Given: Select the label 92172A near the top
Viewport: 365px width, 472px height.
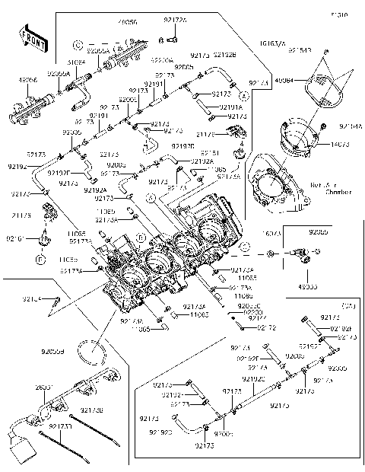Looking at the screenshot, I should [174, 20].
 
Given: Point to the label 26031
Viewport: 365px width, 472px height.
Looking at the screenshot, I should [43, 387].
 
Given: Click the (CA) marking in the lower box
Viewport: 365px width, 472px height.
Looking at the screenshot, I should [348, 305].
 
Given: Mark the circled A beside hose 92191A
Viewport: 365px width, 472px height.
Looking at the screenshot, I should [244, 97].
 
